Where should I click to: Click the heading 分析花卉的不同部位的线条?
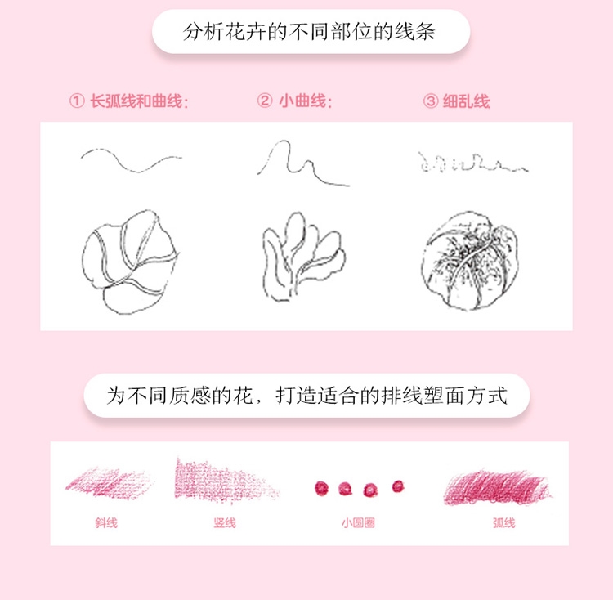point(310,33)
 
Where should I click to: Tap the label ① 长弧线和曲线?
point(129,101)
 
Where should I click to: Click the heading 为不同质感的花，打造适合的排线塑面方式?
point(306,396)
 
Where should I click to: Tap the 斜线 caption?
point(106,522)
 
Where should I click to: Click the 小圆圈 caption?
point(358,522)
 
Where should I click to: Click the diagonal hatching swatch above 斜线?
point(110,482)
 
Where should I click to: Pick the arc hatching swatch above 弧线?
point(497,486)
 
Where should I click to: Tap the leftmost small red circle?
point(320,488)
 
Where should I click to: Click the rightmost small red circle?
point(398,486)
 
